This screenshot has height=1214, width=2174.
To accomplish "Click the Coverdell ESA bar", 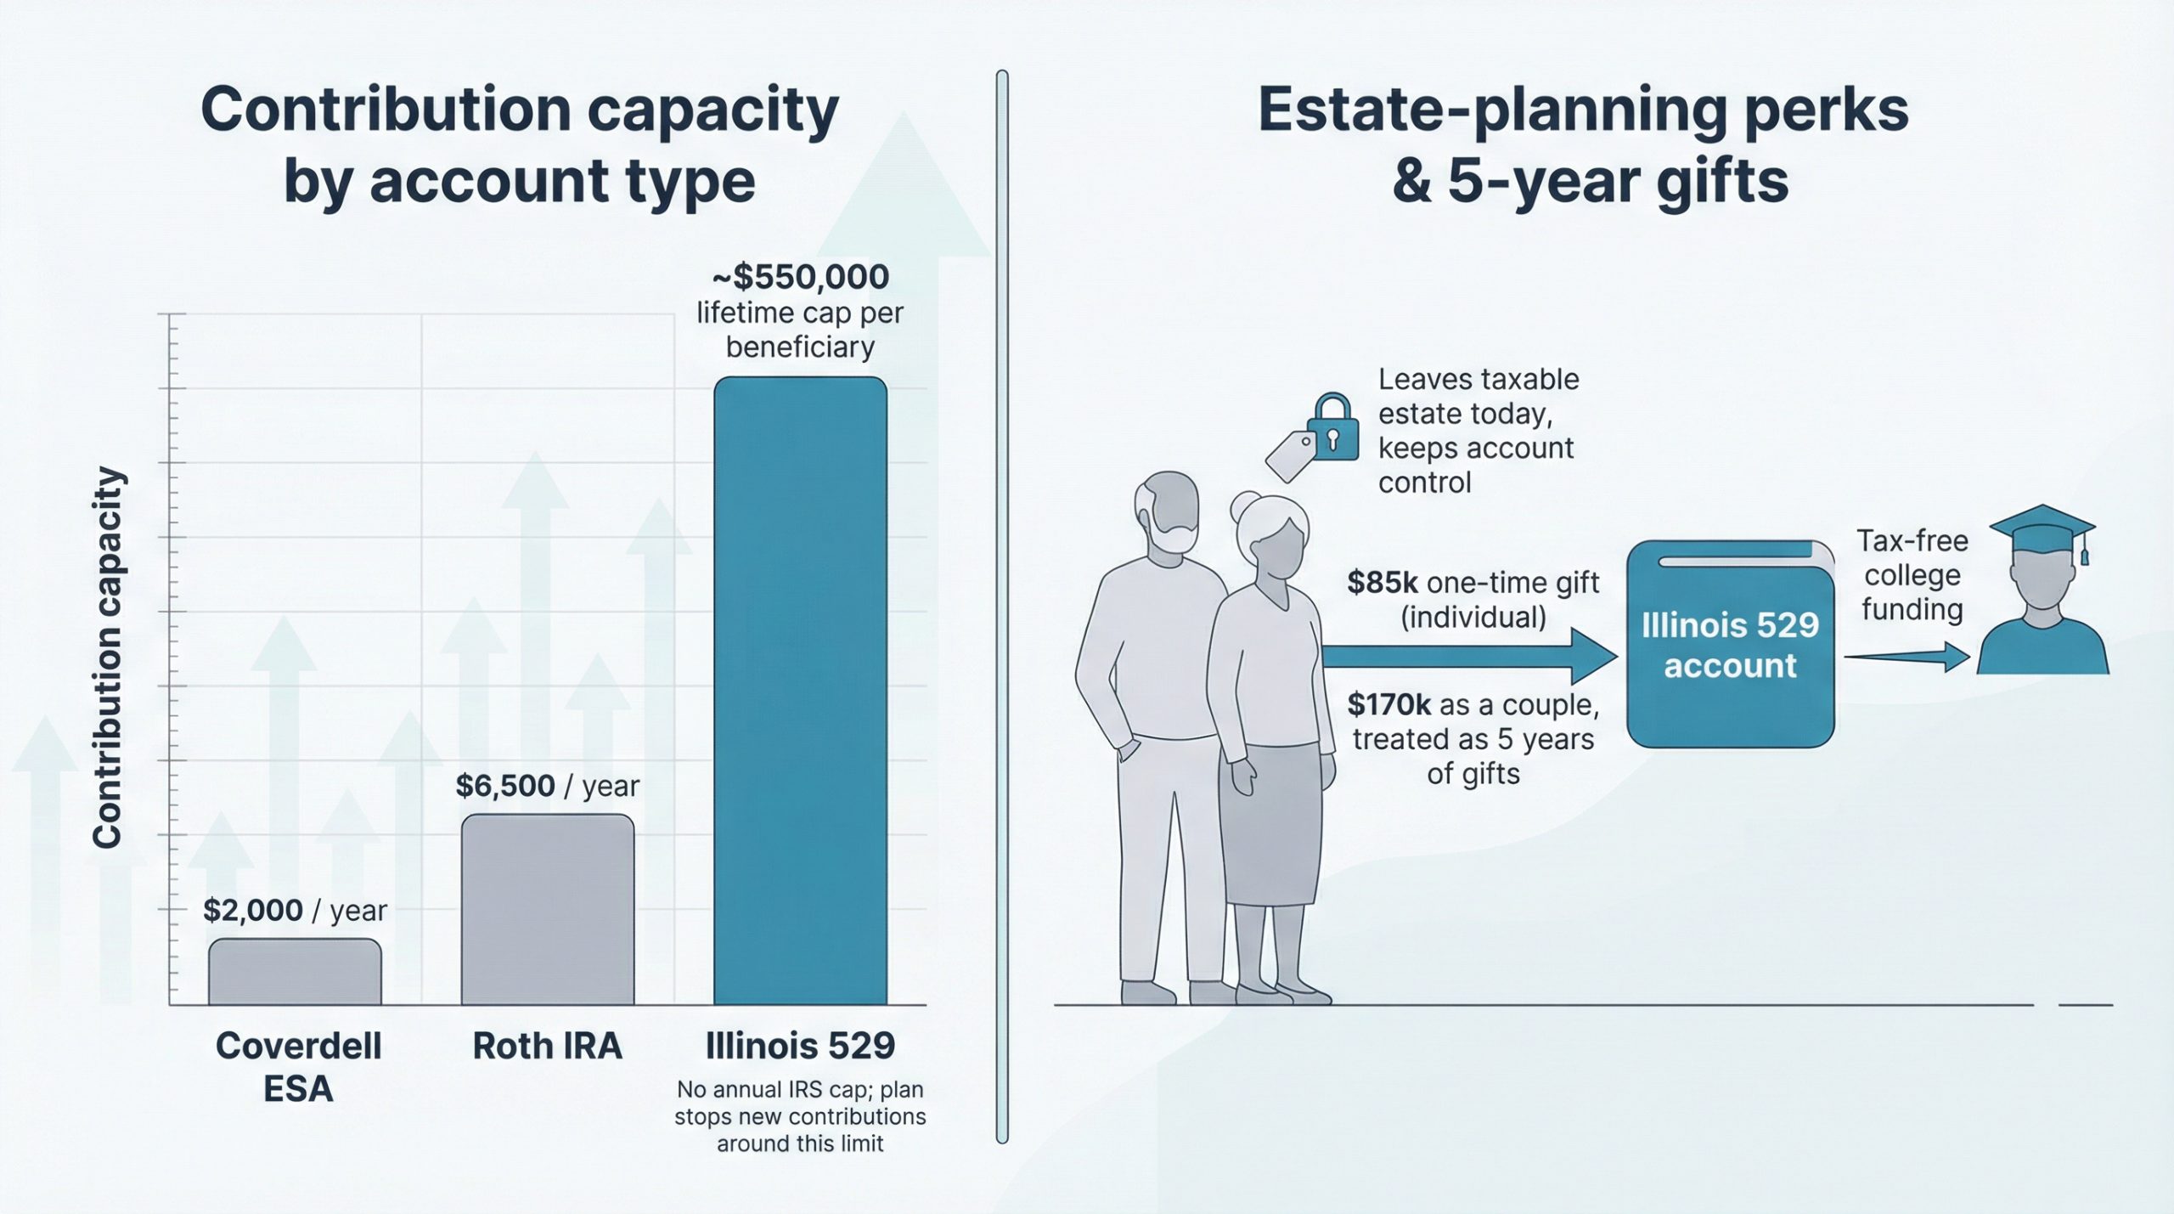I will (295, 972).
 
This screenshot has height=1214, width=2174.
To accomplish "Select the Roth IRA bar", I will (548, 909).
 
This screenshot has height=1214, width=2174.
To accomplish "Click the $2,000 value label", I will (253, 911).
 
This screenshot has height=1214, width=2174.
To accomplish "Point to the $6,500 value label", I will (505, 786).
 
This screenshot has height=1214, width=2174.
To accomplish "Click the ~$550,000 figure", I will (800, 277).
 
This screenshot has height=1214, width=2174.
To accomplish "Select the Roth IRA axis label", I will (548, 1046).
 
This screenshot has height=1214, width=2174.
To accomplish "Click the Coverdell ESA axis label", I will (298, 1067).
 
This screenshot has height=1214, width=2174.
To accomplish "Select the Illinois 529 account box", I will (1730, 645).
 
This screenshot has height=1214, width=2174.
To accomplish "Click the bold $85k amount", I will (1383, 583).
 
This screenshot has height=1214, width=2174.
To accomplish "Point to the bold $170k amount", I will (1389, 704).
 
